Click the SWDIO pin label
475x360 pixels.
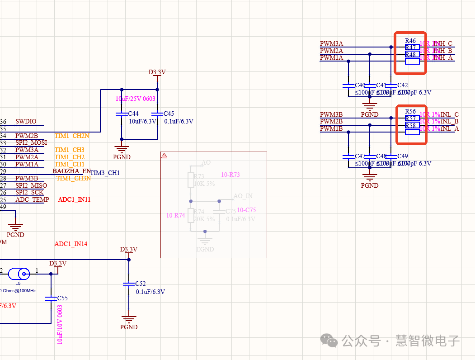tap(26, 122)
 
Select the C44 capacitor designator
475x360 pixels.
tap(133, 114)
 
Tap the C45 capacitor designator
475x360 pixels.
tap(169, 114)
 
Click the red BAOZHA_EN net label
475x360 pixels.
tap(71, 171)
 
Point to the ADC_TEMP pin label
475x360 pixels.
tap(32, 200)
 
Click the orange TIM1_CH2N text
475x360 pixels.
tap(72, 136)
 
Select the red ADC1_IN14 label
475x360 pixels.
tap(71, 244)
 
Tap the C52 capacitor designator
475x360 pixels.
tap(141, 284)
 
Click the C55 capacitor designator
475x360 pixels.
tap(62, 298)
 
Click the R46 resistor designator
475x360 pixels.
tap(410, 41)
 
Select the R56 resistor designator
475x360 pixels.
tap(410, 112)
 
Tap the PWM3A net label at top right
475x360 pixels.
tap(331, 44)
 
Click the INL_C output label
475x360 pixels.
tap(449, 115)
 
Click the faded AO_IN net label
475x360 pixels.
tap(243, 196)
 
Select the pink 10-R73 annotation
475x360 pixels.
tap(230, 175)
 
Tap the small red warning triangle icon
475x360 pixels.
tap(165, 156)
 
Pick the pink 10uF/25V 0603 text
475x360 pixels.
tap(136, 99)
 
